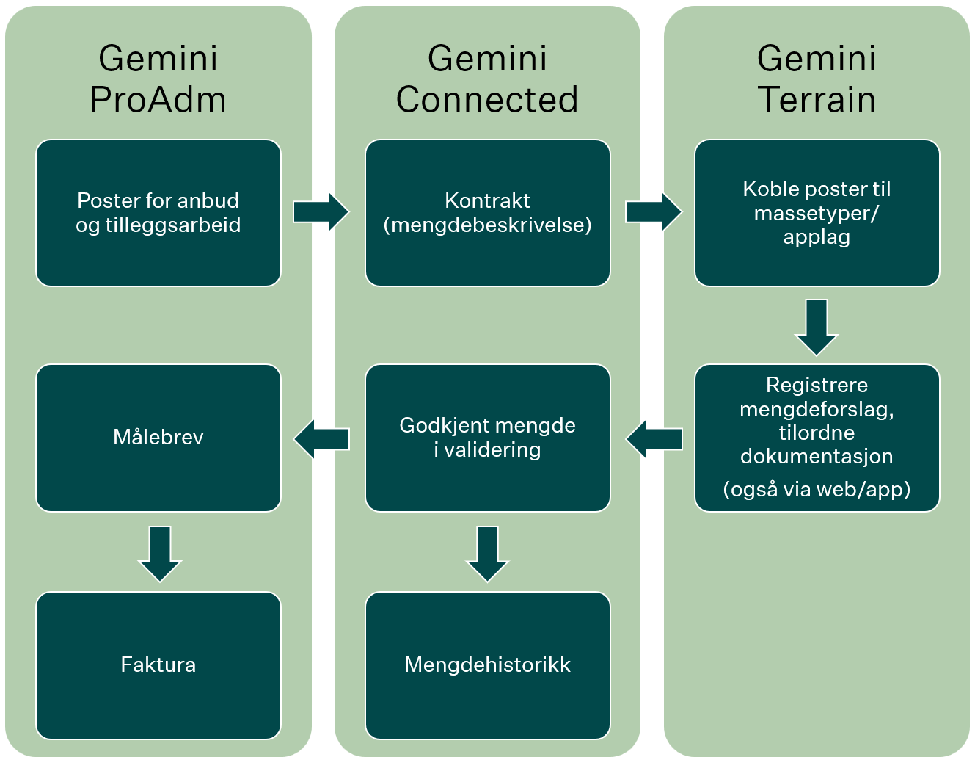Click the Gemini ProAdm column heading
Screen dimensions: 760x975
click(158, 79)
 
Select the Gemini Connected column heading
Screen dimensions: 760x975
click(487, 79)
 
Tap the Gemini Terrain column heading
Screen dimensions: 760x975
click(817, 79)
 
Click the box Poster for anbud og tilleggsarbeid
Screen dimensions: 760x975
click(158, 213)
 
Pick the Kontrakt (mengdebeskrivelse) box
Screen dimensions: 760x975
click(487, 213)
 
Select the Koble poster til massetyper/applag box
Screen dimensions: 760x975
click(817, 213)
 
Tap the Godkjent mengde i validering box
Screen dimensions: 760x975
click(487, 438)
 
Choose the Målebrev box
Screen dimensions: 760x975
click(158, 438)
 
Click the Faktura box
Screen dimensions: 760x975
click(158, 665)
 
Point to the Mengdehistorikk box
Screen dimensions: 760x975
click(487, 665)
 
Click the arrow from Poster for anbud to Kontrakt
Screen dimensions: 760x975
click(321, 212)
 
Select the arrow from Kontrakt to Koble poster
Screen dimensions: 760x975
click(653, 212)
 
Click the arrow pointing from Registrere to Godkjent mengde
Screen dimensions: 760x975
click(654, 439)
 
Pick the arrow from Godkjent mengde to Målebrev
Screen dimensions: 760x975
click(322, 439)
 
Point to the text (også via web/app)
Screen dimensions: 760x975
click(817, 489)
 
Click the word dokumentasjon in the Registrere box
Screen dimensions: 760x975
click(817, 457)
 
